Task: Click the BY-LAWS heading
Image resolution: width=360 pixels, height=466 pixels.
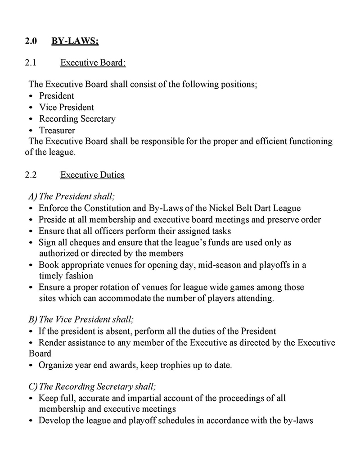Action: point(75,41)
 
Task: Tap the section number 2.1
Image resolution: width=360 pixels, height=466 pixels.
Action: point(31,63)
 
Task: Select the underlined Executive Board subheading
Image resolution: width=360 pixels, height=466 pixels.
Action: point(93,63)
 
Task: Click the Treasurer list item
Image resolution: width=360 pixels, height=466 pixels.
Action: point(57,131)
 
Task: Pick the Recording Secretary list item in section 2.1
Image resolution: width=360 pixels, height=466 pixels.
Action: point(77,119)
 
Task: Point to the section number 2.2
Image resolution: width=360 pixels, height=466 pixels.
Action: point(31,175)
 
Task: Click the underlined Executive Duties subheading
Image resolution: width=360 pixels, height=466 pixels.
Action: point(92,175)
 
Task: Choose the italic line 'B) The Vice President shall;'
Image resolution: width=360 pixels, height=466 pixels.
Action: point(81,320)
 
